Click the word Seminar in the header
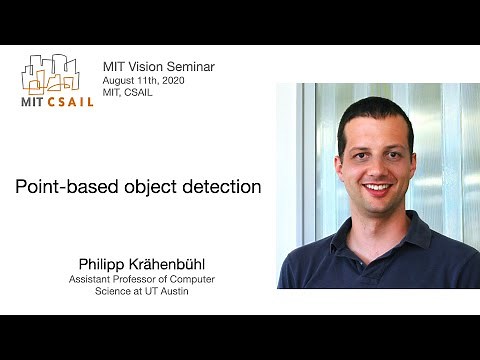coord(190,67)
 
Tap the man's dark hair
coord(375,112)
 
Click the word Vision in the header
coord(145,67)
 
